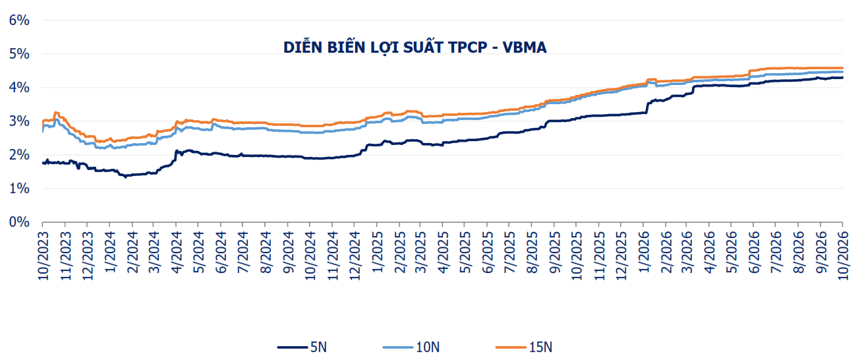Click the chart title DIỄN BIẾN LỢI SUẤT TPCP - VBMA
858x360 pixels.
(x=415, y=47)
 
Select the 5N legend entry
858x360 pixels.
(x=302, y=347)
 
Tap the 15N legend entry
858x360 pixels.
(x=524, y=347)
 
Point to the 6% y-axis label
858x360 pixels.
(x=19, y=20)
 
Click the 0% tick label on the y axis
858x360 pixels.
(x=19, y=222)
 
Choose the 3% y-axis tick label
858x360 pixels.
(x=19, y=121)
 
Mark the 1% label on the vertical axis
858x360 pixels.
(x=19, y=189)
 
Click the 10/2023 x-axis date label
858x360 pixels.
(x=43, y=256)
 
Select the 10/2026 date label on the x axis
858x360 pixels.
(x=843, y=256)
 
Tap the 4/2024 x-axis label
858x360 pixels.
(x=177, y=253)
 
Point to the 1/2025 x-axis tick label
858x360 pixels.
(x=378, y=253)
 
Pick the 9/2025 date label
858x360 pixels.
(x=555, y=253)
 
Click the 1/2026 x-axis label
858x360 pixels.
(x=644, y=253)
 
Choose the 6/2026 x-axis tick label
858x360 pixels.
(x=755, y=253)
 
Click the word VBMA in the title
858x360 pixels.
(x=525, y=47)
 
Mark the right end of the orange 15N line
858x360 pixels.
(x=842, y=68)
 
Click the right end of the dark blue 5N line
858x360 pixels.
(x=842, y=77)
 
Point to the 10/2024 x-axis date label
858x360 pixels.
(x=310, y=256)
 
